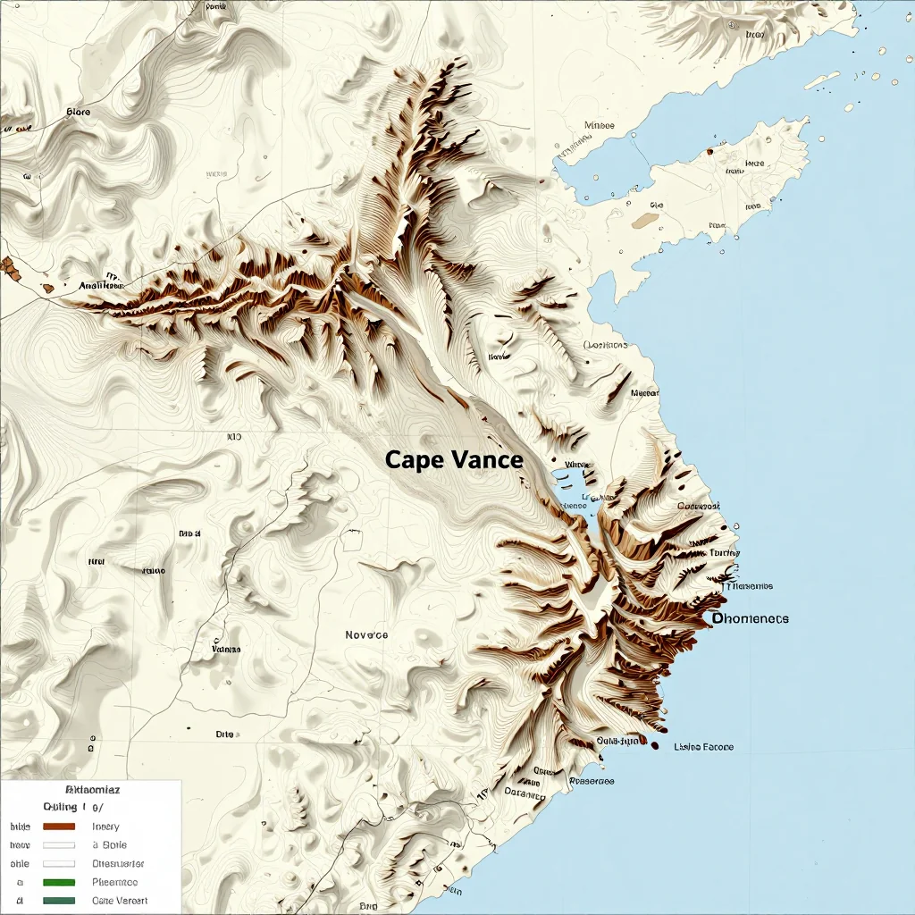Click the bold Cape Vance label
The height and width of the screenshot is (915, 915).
coord(453,460)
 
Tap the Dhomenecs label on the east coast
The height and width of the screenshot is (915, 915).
coord(751,618)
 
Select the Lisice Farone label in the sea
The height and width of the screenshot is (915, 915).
coord(704,746)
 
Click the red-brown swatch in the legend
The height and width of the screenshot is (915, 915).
coord(59,827)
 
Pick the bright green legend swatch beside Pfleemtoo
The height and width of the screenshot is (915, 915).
coord(59,882)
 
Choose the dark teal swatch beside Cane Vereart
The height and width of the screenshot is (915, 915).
coord(59,901)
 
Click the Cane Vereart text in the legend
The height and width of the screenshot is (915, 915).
coord(120,901)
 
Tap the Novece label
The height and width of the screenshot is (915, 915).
coord(366,634)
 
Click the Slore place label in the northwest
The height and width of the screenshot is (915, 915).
coord(79,113)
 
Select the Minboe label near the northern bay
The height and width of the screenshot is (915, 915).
coord(599,125)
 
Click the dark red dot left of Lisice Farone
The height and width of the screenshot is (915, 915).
coord(655,745)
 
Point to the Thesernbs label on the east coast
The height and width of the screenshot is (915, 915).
coord(749,586)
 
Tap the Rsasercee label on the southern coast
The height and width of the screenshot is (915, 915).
coord(592,780)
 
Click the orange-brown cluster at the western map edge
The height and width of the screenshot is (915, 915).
coord(10,265)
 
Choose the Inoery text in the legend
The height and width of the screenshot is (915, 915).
coord(105,827)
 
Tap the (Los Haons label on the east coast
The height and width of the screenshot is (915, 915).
coord(606,345)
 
